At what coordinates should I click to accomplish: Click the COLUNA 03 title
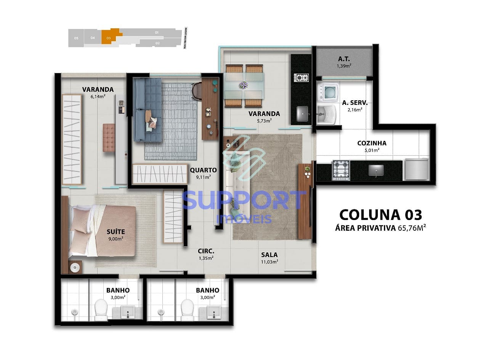[380, 215]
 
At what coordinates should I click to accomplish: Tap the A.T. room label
[344, 59]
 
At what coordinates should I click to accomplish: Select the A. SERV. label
[355, 103]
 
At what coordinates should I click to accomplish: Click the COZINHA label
[372, 143]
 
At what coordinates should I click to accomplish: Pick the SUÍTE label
[116, 231]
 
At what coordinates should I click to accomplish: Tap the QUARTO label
[203, 170]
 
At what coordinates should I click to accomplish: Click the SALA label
[269, 255]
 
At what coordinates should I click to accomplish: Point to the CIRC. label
[206, 251]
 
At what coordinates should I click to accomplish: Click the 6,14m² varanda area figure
[98, 96]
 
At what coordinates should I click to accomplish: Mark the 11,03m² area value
[269, 262]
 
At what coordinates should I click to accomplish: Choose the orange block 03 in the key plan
[109, 38]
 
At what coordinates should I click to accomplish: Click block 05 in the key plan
[76, 38]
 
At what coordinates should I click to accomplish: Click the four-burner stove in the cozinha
[341, 170]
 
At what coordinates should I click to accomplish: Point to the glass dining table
[244, 85]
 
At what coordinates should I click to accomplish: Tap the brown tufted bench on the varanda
[109, 138]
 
